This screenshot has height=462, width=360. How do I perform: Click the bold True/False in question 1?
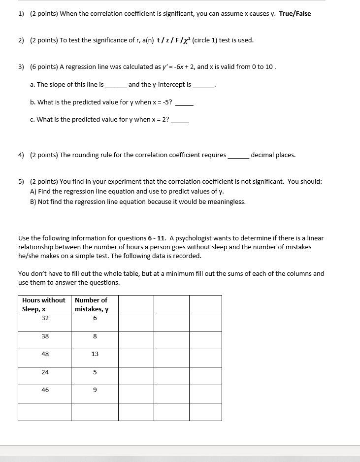[295, 13]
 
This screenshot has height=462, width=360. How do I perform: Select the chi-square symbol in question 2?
[186, 40]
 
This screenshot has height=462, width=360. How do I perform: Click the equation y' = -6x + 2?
[171, 66]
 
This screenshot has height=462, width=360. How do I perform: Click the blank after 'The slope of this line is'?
[116, 85]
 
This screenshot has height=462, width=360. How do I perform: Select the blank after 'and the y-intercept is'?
[203, 85]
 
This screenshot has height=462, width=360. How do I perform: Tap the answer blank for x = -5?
[184, 103]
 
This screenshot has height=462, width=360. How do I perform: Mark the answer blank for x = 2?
[180, 120]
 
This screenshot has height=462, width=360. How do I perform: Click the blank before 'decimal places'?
[238, 156]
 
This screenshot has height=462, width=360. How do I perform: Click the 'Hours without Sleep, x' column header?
[44, 304]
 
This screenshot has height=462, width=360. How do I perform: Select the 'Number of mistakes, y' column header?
[92, 304]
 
